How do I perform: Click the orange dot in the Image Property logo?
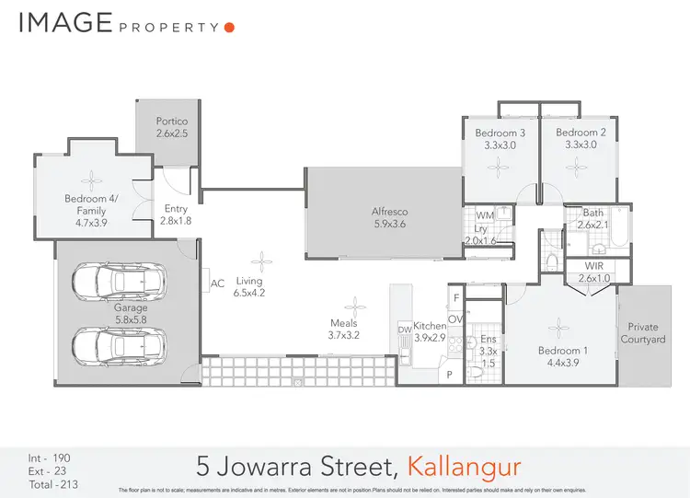[229, 27]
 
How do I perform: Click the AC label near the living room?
[218, 284]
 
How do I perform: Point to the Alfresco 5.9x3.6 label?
[389, 217]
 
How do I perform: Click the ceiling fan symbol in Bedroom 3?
[498, 167]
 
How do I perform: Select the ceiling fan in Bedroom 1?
[558, 327]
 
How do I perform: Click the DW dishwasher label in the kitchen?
[404, 329]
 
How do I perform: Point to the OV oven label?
[454, 319]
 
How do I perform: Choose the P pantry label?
[450, 376]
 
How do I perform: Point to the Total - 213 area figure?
[49, 483]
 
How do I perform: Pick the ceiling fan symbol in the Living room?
[263, 260]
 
